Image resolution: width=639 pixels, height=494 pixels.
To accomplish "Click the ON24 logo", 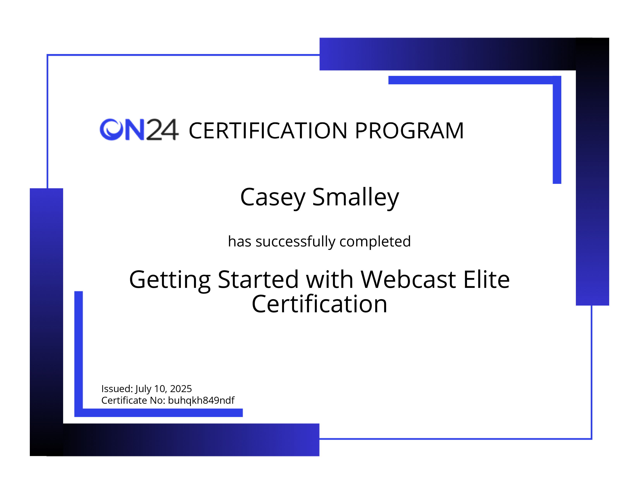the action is [x=139, y=129].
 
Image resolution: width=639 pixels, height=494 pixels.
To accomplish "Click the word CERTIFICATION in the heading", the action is [x=268, y=131].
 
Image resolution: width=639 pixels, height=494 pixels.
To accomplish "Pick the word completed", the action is [x=375, y=242].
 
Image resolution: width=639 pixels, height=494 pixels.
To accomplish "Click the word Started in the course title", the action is [x=258, y=280].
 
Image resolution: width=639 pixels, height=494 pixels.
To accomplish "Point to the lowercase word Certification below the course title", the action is [x=319, y=304].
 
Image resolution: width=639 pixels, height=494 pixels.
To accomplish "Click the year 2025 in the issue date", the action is [x=181, y=389].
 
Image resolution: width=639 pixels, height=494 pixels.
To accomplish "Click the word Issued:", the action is [x=117, y=389].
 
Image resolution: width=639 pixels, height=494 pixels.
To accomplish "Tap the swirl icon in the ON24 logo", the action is [x=111, y=129].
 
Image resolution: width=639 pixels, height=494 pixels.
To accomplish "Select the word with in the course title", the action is [x=330, y=280].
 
